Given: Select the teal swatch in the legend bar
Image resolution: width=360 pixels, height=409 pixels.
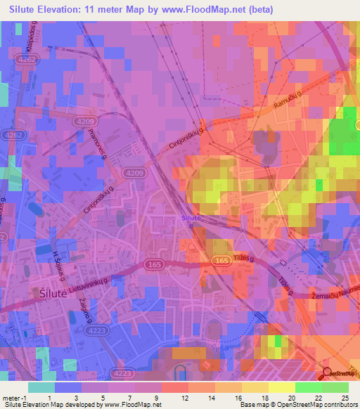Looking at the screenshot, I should [41, 387].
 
